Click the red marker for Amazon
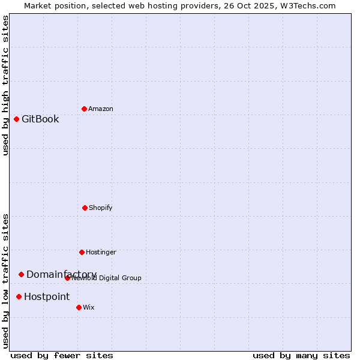click(x=84, y=109)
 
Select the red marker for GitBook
click(x=16, y=119)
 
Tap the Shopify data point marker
click(x=85, y=208)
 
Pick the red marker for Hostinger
click(x=82, y=252)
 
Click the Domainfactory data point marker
click(x=21, y=274)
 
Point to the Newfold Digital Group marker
click(x=67, y=278)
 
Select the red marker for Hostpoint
click(x=19, y=296)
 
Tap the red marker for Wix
click(x=79, y=307)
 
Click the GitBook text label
click(x=40, y=119)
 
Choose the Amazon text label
click(x=101, y=109)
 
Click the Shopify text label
click(x=101, y=208)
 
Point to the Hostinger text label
click(x=101, y=252)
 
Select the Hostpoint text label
click(x=47, y=296)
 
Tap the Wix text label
click(x=89, y=307)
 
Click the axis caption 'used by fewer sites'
click(x=62, y=355)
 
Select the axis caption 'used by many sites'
click(x=301, y=355)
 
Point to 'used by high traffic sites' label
click(x=5, y=85)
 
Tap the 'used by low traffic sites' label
click(x=5, y=280)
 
